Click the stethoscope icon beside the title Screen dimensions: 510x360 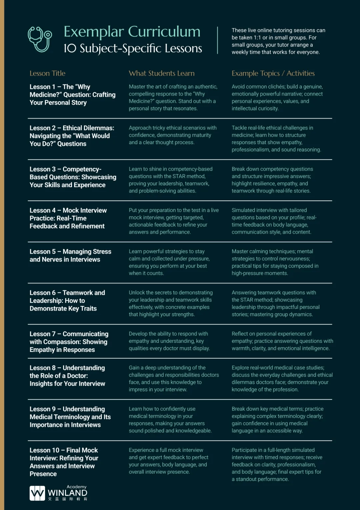click(x=40, y=39)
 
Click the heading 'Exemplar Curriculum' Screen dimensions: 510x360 click(x=132, y=32)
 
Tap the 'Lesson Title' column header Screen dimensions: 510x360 click(x=47, y=73)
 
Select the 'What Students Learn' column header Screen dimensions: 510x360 click(x=162, y=73)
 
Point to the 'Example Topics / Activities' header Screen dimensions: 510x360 click(x=273, y=73)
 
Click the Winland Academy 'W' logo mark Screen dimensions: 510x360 click(x=37, y=493)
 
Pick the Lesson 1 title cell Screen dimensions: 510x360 click(x=72, y=95)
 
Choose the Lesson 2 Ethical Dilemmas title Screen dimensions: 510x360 click(x=72, y=136)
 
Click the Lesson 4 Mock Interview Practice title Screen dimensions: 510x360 click(x=68, y=218)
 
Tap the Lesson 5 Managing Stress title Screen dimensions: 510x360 click(x=70, y=256)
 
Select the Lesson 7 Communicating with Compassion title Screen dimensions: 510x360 click(x=69, y=342)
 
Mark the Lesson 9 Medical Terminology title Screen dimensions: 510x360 click(x=70, y=417)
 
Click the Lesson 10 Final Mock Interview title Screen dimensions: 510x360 click(x=64, y=462)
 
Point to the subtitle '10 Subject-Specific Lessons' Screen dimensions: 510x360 click(x=133, y=48)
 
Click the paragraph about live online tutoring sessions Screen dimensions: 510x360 click(x=278, y=41)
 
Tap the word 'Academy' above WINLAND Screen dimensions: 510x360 click(x=76, y=487)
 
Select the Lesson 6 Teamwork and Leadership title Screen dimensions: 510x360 click(x=67, y=301)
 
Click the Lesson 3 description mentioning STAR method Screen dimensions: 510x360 click(x=170, y=180)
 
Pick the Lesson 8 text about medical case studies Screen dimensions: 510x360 click(x=282, y=378)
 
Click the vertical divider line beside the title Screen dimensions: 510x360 click(x=217, y=40)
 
